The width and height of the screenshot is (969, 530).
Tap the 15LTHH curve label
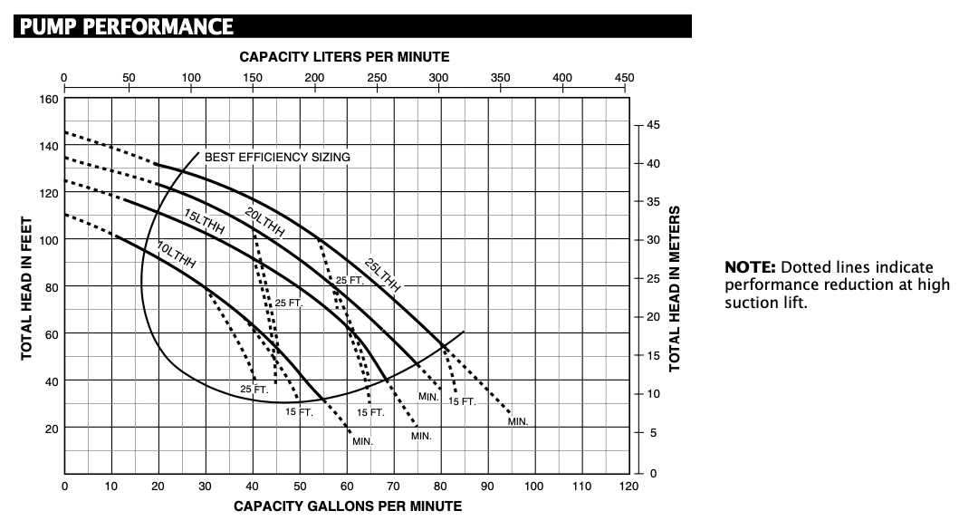point(204,222)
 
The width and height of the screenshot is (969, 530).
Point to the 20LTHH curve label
point(264,222)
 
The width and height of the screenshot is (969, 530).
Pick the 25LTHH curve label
point(382,275)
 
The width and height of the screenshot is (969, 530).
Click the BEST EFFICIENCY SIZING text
point(277,157)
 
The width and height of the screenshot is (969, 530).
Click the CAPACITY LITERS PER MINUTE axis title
point(344,56)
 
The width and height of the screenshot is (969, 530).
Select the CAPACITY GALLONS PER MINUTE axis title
point(348,506)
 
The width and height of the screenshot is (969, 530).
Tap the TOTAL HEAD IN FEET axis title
point(26,287)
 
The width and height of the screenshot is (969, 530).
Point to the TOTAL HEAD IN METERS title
point(675,288)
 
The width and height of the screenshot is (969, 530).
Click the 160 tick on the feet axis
point(49,99)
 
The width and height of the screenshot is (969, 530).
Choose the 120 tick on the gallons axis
point(628,487)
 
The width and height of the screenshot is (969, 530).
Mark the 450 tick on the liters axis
point(624,78)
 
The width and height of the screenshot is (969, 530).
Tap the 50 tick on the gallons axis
point(300,487)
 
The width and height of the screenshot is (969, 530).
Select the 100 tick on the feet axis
point(49,240)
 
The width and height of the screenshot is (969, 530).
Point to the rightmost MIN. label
point(517,421)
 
